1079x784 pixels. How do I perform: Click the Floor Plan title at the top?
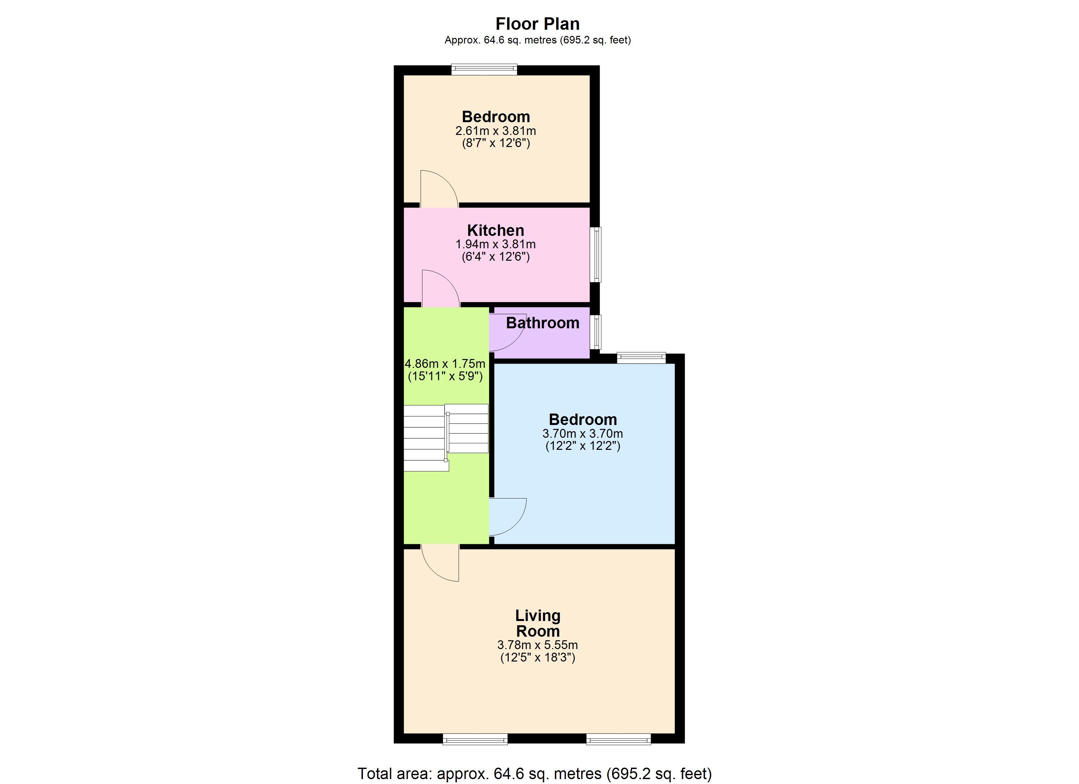pyautogui.click(x=538, y=24)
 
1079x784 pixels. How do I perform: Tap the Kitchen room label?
pyautogui.click(x=495, y=231)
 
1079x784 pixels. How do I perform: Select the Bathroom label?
pyautogui.click(x=542, y=323)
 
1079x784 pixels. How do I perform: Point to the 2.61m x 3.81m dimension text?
pyautogui.click(x=496, y=131)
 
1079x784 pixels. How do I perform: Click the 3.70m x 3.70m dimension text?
pyautogui.click(x=583, y=433)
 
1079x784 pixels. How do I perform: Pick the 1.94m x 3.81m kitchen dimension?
pyautogui.click(x=496, y=244)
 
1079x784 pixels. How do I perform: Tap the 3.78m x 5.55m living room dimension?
pyautogui.click(x=538, y=645)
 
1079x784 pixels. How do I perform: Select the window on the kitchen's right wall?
pyautogui.click(x=595, y=255)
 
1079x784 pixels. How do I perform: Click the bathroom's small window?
pyautogui.click(x=595, y=332)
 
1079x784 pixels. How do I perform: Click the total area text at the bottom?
pyautogui.click(x=535, y=774)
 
